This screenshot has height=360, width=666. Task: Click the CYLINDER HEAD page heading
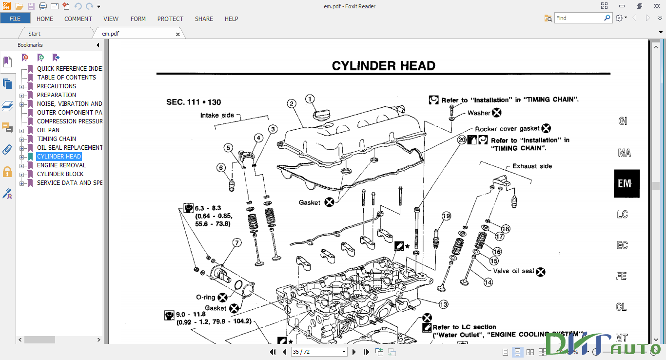pyautogui.click(x=383, y=66)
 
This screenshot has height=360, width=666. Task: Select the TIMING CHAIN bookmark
pyautogui.click(x=57, y=139)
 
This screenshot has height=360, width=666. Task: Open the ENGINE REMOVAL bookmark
pyautogui.click(x=61, y=165)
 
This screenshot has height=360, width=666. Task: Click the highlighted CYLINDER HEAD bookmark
pyautogui.click(x=59, y=157)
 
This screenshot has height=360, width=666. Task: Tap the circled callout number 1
pyautogui.click(x=310, y=99)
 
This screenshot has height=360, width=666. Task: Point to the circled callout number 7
pyautogui.click(x=236, y=242)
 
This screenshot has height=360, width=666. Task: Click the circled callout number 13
pyautogui.click(x=443, y=304)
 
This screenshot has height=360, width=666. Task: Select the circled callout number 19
pyautogui.click(x=446, y=216)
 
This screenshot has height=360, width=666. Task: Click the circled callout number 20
pyautogui.click(x=462, y=140)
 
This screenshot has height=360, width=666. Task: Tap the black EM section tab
pyautogui.click(x=626, y=183)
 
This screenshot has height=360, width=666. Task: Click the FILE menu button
pyautogui.click(x=15, y=19)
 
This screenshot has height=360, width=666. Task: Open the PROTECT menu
pyautogui.click(x=170, y=19)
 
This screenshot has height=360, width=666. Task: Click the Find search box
pyautogui.click(x=579, y=18)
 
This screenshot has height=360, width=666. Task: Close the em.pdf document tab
pyautogui.click(x=178, y=34)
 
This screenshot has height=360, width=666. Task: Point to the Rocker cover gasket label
pyautogui.click(x=507, y=129)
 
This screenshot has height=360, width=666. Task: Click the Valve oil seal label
pyautogui.click(x=513, y=271)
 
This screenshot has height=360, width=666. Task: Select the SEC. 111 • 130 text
pyautogui.click(x=194, y=102)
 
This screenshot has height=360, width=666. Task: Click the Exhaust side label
pyautogui.click(x=532, y=166)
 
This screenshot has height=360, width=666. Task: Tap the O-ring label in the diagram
pyautogui.click(x=205, y=297)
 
